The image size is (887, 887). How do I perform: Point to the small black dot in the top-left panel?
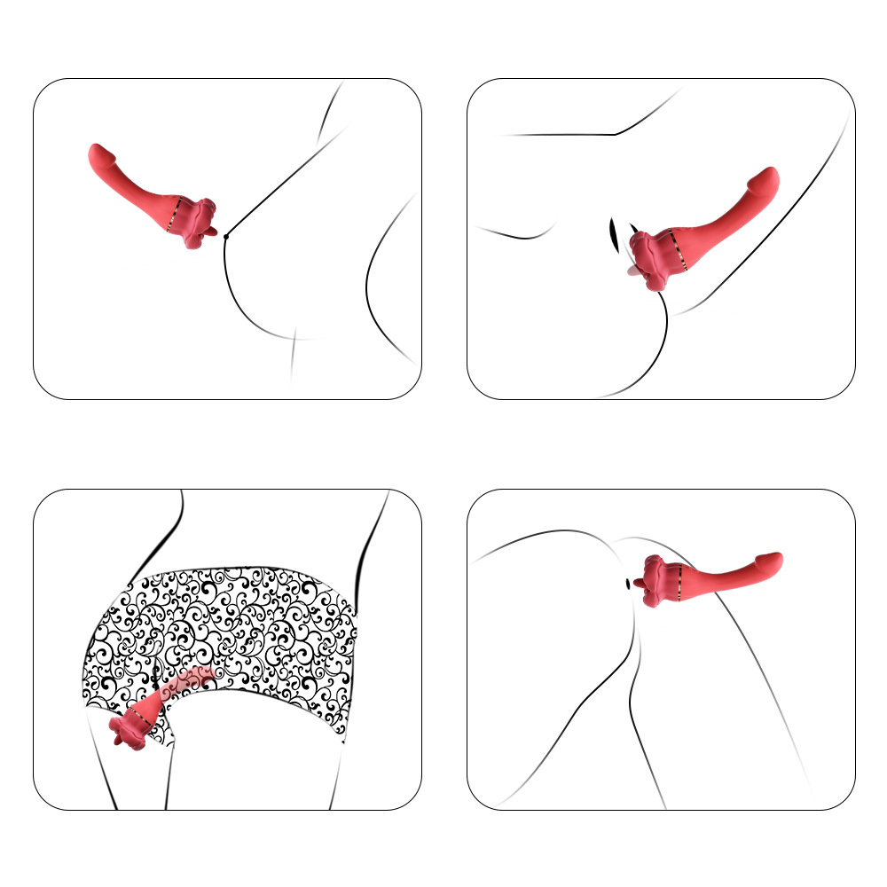click(x=226, y=236)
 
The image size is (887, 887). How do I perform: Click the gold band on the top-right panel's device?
click(x=684, y=252)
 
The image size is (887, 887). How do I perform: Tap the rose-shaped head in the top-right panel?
click(x=655, y=260)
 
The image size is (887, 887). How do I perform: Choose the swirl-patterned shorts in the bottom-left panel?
click(x=257, y=621)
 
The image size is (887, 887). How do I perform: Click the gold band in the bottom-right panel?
click(x=680, y=582)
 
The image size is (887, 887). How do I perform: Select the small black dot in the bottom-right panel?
click(x=630, y=584)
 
